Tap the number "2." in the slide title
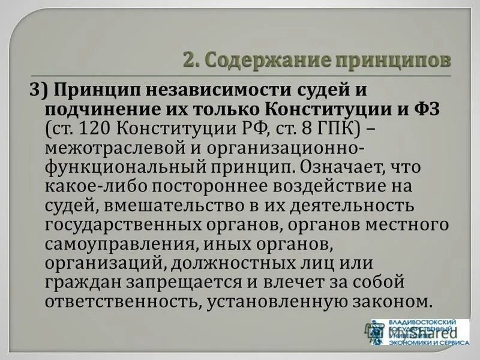click(191, 61)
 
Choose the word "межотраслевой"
click(112, 148)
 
